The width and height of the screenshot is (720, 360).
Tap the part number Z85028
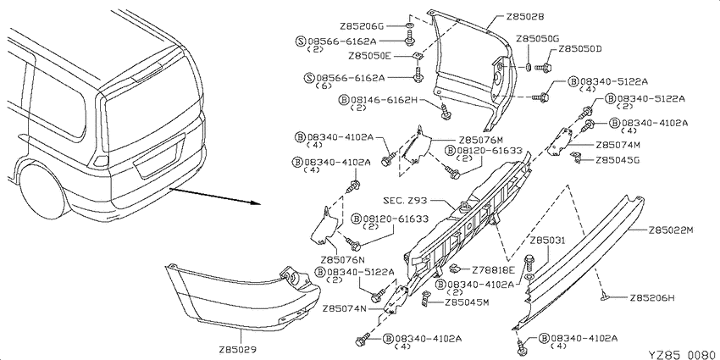pyautogui.click(x=525, y=17)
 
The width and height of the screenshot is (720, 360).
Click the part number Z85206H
pyautogui.click(x=652, y=297)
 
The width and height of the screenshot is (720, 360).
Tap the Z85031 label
pyautogui.click(x=547, y=241)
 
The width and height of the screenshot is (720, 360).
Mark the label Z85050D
pyautogui.click(x=579, y=49)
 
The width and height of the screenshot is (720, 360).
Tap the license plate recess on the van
pyautogui.click(x=158, y=159)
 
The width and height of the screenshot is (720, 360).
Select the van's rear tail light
pyautogui.click(x=101, y=160)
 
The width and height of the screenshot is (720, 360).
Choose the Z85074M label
pyautogui.click(x=618, y=145)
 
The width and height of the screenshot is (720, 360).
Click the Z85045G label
pyautogui.click(x=618, y=160)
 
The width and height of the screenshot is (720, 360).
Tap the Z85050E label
pyautogui.click(x=369, y=56)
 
